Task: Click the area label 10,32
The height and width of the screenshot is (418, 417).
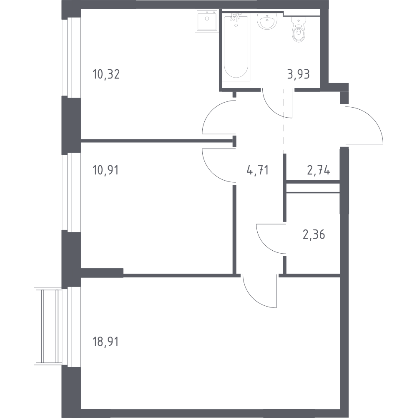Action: point(106,74)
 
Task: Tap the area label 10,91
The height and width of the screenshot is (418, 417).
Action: point(106,170)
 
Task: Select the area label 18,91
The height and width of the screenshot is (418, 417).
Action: point(106,342)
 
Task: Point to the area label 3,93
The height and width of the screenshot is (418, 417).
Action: point(299,74)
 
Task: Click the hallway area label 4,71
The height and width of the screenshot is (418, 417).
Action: point(258,170)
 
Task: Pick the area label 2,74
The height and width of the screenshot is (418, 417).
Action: point(319,170)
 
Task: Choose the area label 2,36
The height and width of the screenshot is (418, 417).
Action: point(314,235)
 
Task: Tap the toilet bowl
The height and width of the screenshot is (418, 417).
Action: point(299,30)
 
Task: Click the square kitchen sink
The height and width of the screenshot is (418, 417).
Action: point(207,21)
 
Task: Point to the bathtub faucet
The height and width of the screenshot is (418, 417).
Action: point(236,18)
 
